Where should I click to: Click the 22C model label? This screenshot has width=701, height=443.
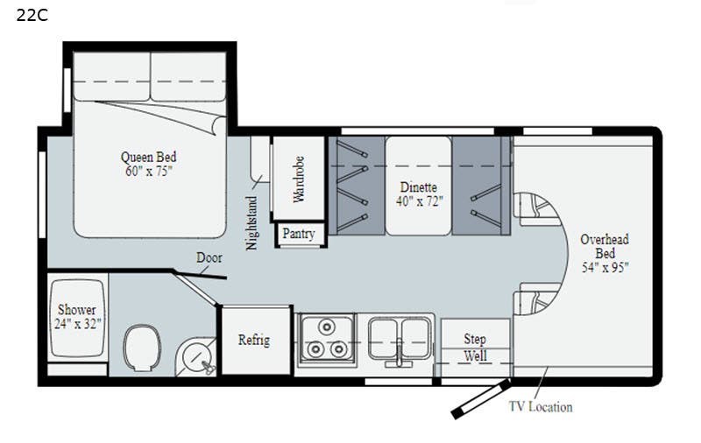point(32,15)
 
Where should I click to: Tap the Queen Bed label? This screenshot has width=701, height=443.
point(148,157)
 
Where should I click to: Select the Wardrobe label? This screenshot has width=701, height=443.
point(299,179)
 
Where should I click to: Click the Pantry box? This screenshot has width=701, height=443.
point(299,234)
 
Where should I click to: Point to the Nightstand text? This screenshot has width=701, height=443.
point(252,223)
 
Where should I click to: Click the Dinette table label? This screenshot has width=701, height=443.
point(419,186)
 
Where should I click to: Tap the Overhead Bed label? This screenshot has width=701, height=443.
point(605,246)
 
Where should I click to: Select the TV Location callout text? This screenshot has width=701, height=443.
point(541,407)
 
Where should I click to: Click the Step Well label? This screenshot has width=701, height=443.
point(475,347)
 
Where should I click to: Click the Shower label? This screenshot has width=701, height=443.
point(77,309)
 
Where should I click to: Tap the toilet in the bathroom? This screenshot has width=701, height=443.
point(142,348)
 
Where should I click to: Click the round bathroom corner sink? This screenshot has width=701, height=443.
point(195,357)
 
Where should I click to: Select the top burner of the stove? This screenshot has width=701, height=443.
point(327,327)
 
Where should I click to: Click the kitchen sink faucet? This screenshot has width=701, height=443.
point(399,356)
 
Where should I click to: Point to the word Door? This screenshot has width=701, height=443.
point(209,257)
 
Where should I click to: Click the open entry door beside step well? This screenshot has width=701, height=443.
point(480,399)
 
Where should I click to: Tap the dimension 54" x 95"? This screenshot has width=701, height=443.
point(605,268)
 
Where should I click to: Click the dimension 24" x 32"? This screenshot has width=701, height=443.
point(77,324)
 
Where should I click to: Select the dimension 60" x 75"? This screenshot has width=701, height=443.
point(148,171)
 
